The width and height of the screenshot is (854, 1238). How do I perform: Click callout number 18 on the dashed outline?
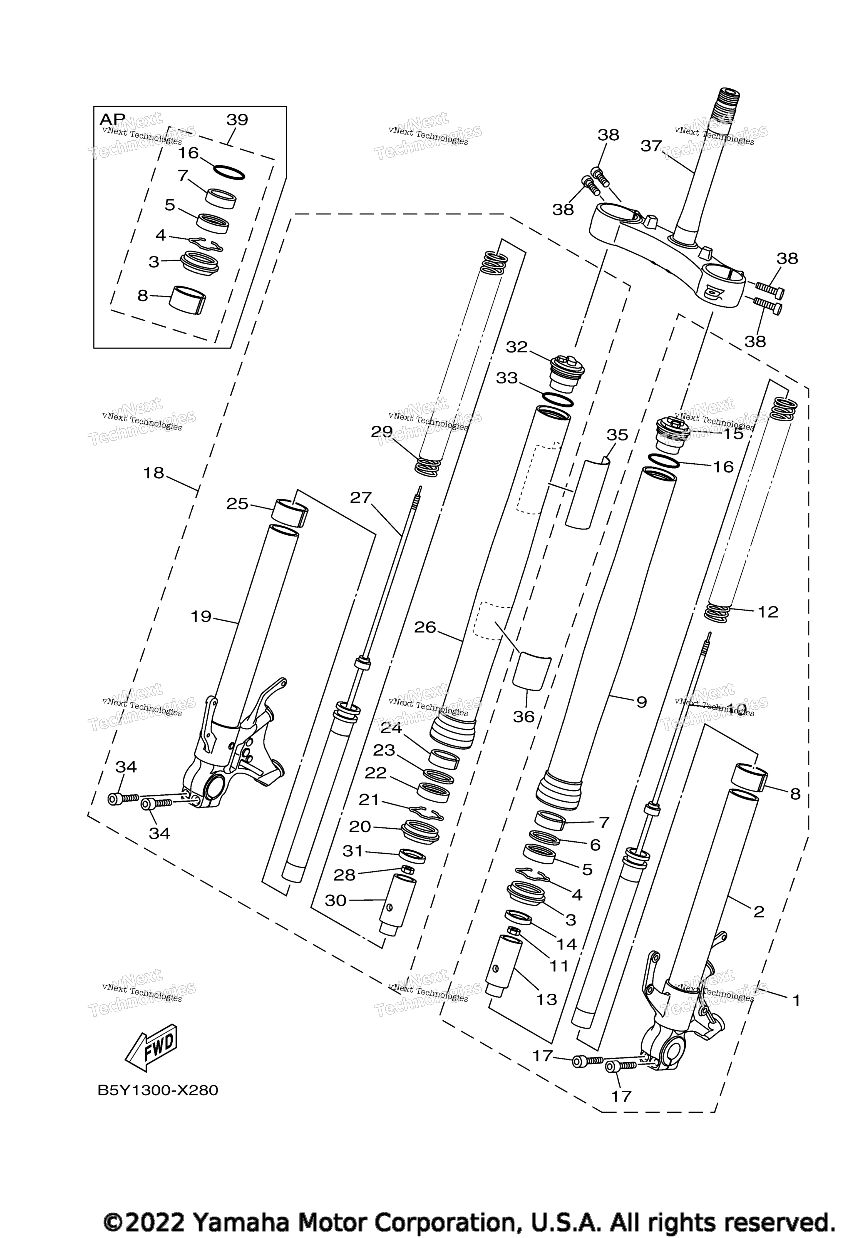pos(153,473)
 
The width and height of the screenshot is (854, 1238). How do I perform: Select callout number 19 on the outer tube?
pos(201,617)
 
